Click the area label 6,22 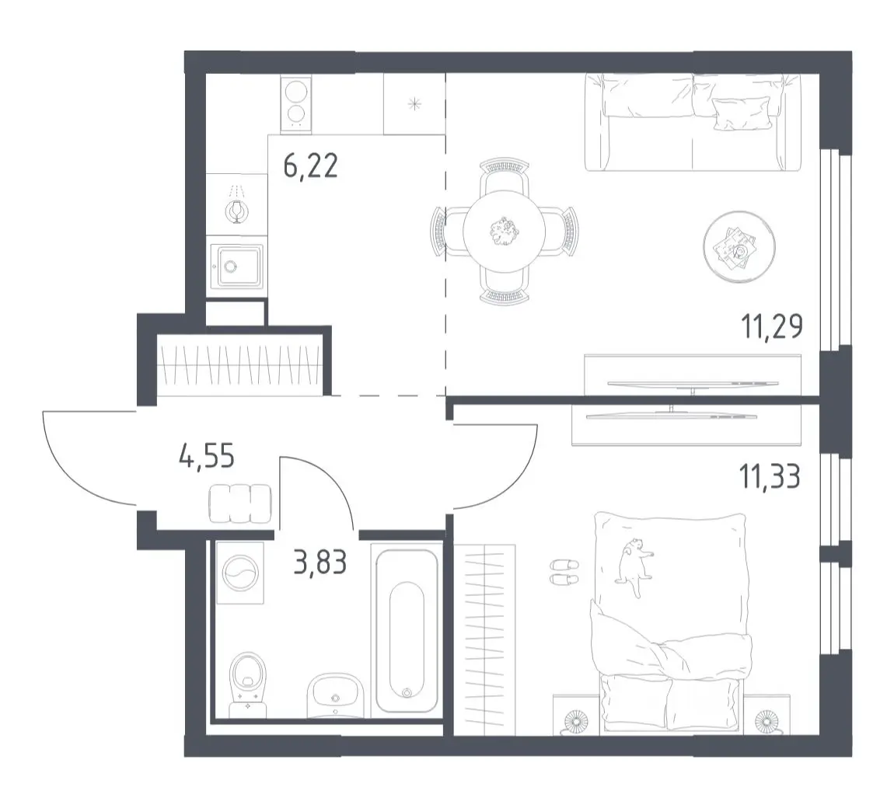(311, 165)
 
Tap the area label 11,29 (772, 327)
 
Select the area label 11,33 (770, 476)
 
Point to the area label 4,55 (206, 456)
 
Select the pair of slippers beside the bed (564, 572)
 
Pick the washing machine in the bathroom (240, 573)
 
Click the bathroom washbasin (335, 695)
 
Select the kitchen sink (237, 266)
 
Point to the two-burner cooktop (296, 103)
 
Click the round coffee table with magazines (739, 247)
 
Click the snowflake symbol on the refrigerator (414, 104)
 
